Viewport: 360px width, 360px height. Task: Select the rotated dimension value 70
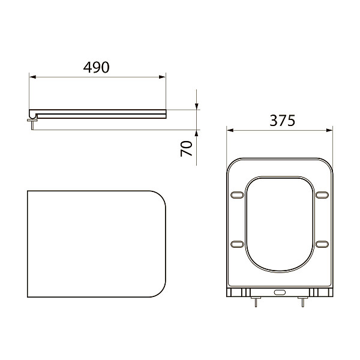pos(187,148)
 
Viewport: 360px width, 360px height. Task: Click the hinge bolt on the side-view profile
pos(31,121)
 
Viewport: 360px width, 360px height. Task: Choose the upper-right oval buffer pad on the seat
pos(322,194)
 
